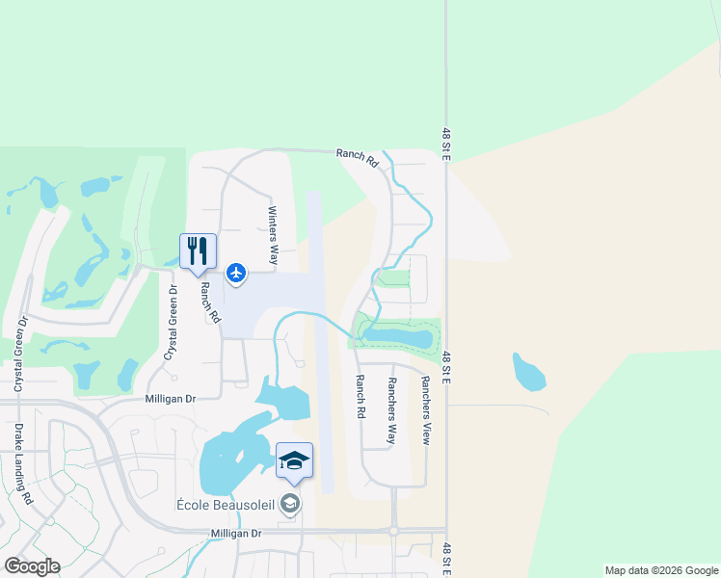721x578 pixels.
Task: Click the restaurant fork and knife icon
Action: [x=195, y=251]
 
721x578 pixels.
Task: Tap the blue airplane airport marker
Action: [x=236, y=275]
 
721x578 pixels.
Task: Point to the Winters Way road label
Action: [x=273, y=235]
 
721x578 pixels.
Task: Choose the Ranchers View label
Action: [x=424, y=409]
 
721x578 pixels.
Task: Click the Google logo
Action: [x=32, y=566]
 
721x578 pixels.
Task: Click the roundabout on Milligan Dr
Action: [x=393, y=531]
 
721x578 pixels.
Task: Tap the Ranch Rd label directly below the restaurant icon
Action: [x=205, y=301]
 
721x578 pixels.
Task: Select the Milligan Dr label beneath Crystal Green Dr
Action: [x=171, y=398]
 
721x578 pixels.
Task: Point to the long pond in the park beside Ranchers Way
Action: [x=397, y=337]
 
